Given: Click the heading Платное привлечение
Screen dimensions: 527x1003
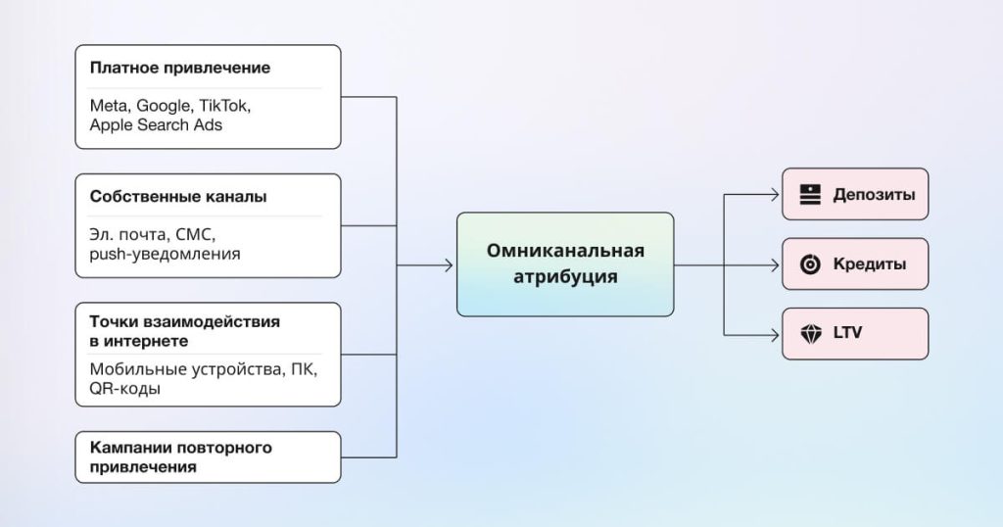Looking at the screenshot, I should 179,69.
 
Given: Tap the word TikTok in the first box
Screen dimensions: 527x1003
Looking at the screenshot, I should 238,105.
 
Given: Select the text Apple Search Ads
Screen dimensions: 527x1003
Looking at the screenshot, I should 156,124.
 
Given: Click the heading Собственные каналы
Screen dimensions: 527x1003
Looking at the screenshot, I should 178,197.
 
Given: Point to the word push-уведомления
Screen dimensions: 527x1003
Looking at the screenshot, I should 165,254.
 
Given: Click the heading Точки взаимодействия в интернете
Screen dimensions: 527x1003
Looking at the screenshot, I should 184,331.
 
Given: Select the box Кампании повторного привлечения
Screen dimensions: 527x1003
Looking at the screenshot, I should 208,457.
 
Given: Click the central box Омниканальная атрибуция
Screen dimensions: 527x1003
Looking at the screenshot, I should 565,264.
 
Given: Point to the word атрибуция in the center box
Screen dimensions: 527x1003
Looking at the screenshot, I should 565,277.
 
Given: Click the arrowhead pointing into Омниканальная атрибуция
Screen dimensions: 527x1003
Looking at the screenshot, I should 448,264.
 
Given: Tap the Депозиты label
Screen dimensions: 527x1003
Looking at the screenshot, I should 874,194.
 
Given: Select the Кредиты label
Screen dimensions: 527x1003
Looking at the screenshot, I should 869,264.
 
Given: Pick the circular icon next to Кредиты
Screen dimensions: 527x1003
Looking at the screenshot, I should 810,264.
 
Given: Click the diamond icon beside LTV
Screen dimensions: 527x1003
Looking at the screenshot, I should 810,334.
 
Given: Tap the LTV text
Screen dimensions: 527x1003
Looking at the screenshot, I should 848,334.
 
